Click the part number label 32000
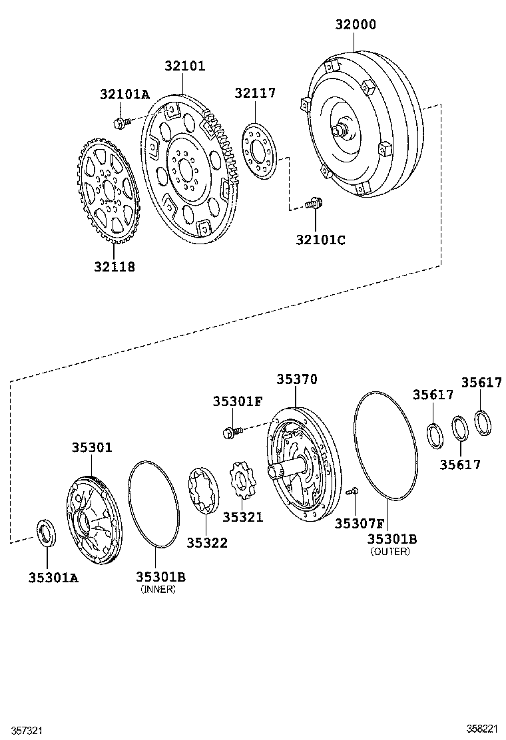click(355, 25)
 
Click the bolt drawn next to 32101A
click(121, 122)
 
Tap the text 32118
click(114, 267)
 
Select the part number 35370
click(297, 379)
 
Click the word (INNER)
click(158, 590)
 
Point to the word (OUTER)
click(390, 551)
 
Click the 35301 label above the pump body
click(92, 448)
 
